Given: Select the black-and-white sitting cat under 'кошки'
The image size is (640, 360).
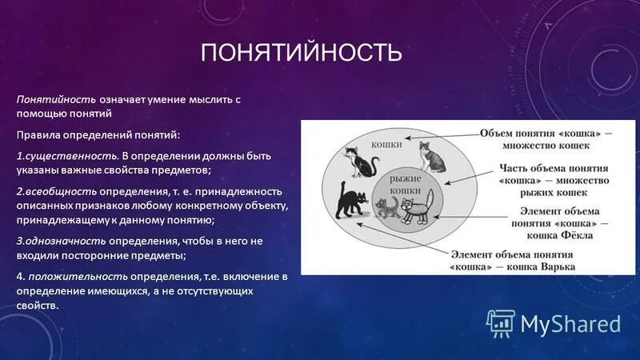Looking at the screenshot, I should [x=361, y=162].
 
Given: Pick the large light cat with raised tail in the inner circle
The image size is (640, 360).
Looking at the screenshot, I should [x=417, y=206].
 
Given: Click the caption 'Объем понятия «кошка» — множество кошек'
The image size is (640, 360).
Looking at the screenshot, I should [x=544, y=138].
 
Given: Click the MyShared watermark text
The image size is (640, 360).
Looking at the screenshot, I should [x=570, y=323].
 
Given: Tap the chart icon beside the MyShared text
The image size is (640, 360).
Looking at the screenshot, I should [x=500, y=322].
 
